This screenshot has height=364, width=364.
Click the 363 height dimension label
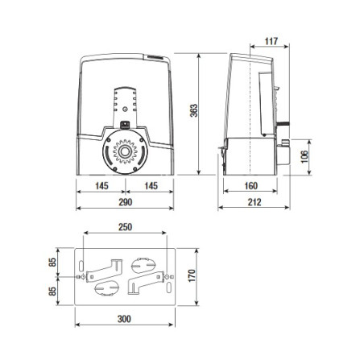[x=193, y=112]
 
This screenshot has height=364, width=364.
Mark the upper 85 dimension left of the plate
[x=52, y=261]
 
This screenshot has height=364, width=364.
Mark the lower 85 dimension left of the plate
[x=52, y=291]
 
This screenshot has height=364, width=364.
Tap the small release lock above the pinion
[x=124, y=125]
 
